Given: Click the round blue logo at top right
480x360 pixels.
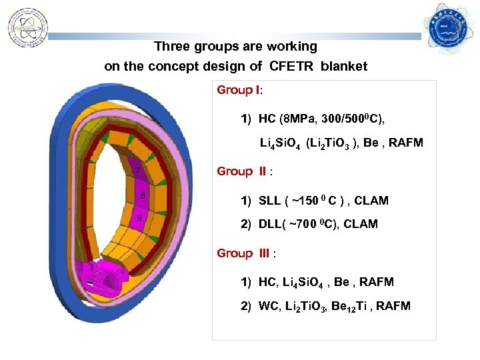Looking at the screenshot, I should pyautogui.click(x=448, y=31).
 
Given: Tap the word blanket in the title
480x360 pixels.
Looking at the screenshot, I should pyautogui.click(x=343, y=67).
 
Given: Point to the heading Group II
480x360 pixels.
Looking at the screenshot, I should pyautogui.click(x=243, y=171).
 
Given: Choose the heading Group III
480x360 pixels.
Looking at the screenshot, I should pyautogui.click(x=245, y=253).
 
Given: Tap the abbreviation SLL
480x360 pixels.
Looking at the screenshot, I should pyautogui.click(x=271, y=201).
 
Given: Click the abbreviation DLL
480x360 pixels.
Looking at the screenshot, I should pyautogui.click(x=271, y=225).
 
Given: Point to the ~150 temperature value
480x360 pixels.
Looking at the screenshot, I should pyautogui.click(x=308, y=201).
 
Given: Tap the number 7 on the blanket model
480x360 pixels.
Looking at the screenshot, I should pyautogui.click(x=137, y=171).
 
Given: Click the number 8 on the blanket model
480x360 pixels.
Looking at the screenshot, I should pyautogui.click(x=142, y=195).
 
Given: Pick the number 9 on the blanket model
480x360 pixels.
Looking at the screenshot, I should pyautogui.click(x=139, y=217).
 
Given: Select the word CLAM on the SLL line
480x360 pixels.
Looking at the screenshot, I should pyautogui.click(x=373, y=201).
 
